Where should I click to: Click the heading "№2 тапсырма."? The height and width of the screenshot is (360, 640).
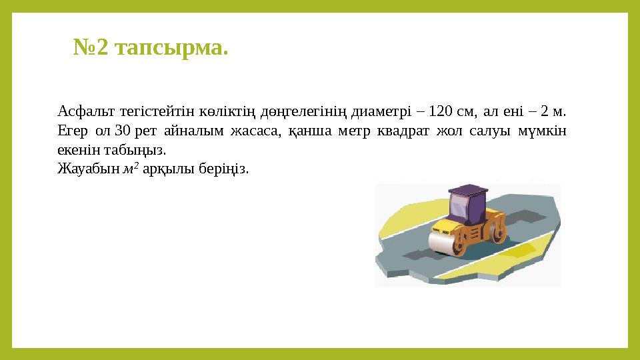(x=150, y=49)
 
